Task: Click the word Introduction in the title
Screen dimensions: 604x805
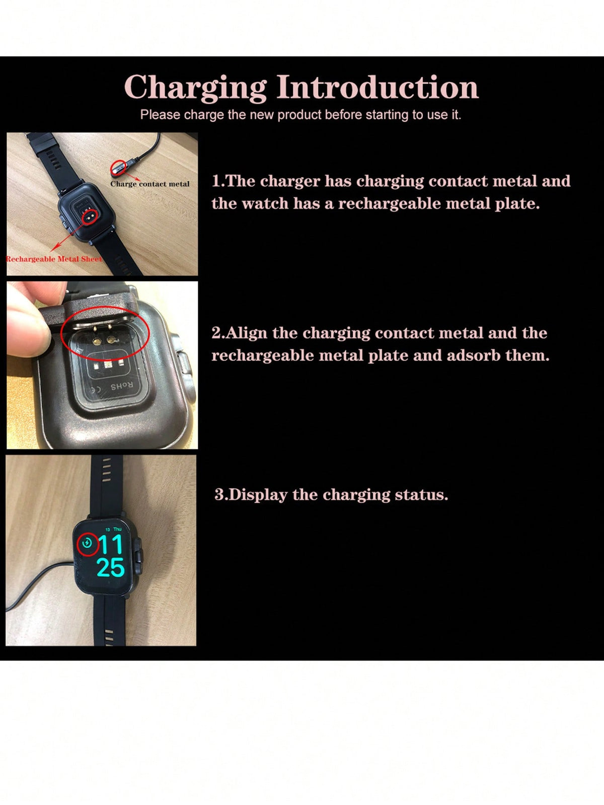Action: point(377,87)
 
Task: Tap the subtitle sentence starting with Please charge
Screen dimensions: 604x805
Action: point(300,115)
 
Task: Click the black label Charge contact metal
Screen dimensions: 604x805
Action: point(150,184)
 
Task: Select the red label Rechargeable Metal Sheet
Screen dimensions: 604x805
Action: point(54,259)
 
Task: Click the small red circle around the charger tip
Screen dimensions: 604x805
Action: point(118,167)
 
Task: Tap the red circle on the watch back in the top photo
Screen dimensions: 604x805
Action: point(90,217)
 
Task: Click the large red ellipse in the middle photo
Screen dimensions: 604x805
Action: point(105,332)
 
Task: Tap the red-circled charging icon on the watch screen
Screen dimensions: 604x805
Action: point(88,544)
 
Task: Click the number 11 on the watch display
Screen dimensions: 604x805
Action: point(110,545)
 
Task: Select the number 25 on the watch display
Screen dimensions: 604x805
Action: point(111,567)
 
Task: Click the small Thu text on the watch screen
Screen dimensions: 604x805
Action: point(117,529)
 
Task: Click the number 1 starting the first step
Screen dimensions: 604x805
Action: point(216,181)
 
